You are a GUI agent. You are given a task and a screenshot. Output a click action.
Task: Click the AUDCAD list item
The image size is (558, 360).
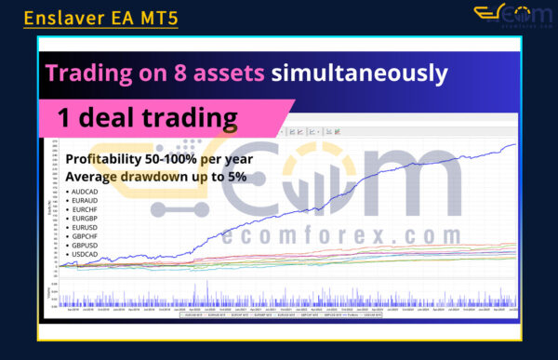pyautogui.click(x=86, y=190)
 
